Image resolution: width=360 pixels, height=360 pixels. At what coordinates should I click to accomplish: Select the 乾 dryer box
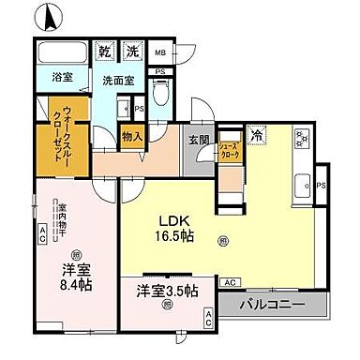[x=106, y=51]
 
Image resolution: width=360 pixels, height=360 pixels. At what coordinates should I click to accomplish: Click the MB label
[x=160, y=53]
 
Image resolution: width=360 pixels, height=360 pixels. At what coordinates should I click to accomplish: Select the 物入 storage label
[x=132, y=138]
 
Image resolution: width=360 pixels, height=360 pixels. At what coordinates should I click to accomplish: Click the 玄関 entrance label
[x=197, y=141]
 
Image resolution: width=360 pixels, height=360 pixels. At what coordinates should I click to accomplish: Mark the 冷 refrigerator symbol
[x=257, y=137]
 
